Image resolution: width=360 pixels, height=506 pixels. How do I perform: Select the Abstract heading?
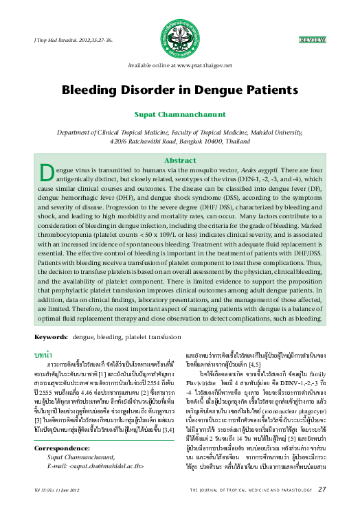tap(180, 159)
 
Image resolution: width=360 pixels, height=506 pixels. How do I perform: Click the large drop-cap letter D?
tap(47, 172)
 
